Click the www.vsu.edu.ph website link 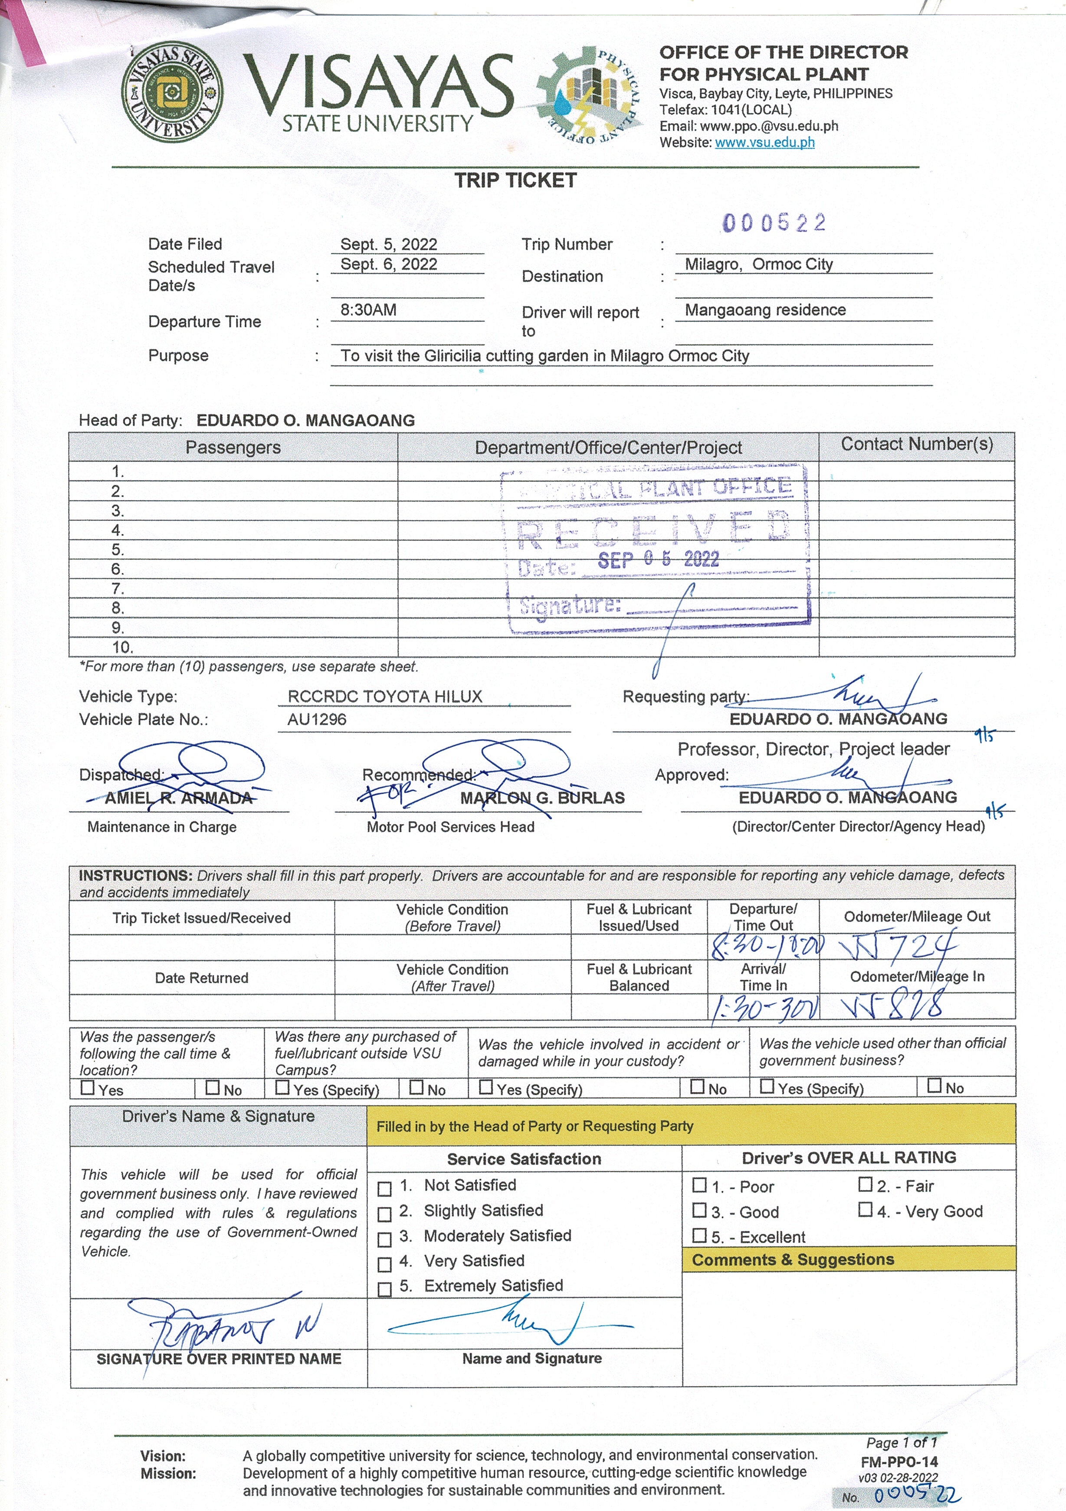pos(764,142)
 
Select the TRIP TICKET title pos(515,180)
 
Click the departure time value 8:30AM pos(368,310)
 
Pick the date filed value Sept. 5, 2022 pos(388,245)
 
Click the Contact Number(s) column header pos(917,444)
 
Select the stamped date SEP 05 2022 pos(659,559)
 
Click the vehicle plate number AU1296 pos(317,720)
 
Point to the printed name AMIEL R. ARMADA pos(178,798)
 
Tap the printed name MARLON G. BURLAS pos(542,798)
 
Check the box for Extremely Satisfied pos(384,1289)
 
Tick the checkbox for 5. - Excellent pos(699,1236)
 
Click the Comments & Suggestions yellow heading pos(793,1259)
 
